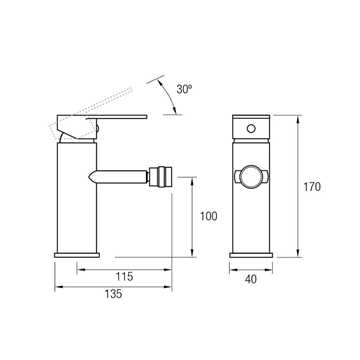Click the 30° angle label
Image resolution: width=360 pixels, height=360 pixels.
184,89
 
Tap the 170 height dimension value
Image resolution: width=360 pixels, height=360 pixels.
312,187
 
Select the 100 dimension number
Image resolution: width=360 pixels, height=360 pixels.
209,216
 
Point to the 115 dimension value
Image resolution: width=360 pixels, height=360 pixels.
125,276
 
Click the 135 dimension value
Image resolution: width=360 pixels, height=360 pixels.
113,294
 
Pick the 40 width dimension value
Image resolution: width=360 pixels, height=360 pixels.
251,279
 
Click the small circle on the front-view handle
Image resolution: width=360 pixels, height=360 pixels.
251,128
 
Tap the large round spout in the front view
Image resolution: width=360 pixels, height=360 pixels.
251,177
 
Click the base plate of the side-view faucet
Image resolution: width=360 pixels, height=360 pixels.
77,255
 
